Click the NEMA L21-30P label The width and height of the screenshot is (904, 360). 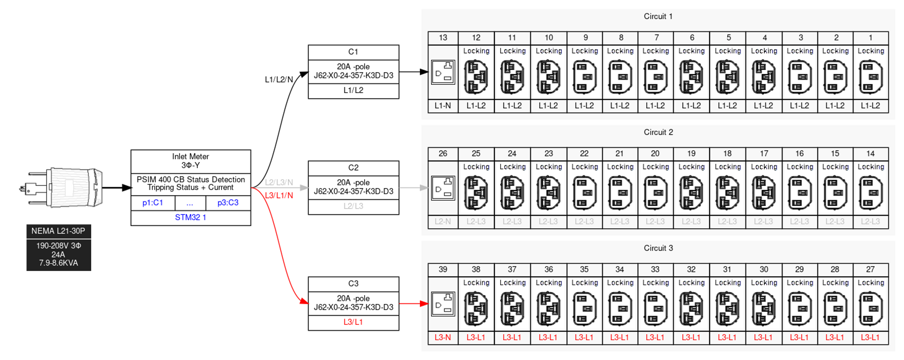[x=58, y=231]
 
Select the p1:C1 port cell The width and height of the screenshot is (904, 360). [x=153, y=203]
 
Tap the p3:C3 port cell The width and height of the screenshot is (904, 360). [x=228, y=203]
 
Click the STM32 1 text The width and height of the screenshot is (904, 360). [x=190, y=218]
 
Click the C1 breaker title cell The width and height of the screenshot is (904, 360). [x=353, y=52]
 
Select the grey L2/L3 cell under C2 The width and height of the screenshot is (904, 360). [x=353, y=206]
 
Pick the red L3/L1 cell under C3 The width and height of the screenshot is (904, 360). [x=353, y=322]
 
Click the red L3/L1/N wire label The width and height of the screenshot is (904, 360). [x=279, y=195]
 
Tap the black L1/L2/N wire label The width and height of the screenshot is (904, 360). [x=279, y=80]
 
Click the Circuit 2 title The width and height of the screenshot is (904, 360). [x=658, y=132]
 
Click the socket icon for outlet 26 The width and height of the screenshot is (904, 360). [x=443, y=188]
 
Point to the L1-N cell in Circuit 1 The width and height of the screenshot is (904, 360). [x=443, y=106]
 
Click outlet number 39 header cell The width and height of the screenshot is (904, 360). [x=443, y=270]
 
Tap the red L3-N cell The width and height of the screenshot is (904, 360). [x=443, y=338]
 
